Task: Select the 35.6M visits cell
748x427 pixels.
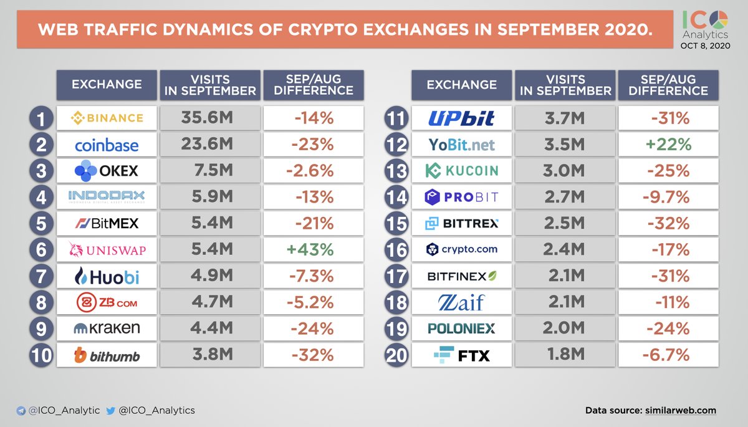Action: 207,118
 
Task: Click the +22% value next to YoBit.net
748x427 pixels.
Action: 667,144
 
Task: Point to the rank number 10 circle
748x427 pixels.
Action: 42,356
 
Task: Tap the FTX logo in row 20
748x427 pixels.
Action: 461,356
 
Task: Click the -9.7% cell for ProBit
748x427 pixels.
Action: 667,198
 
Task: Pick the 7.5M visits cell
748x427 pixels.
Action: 207,171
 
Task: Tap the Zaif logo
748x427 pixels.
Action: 461,303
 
